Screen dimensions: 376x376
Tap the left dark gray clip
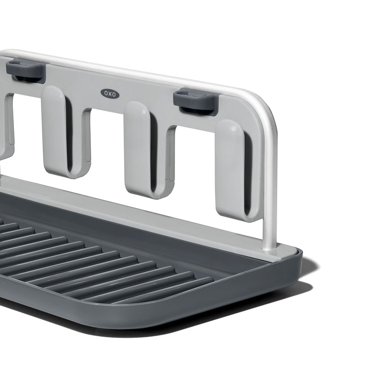tap(26, 71)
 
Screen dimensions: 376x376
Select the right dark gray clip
tap(196, 102)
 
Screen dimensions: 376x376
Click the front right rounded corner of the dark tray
tap(293, 271)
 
